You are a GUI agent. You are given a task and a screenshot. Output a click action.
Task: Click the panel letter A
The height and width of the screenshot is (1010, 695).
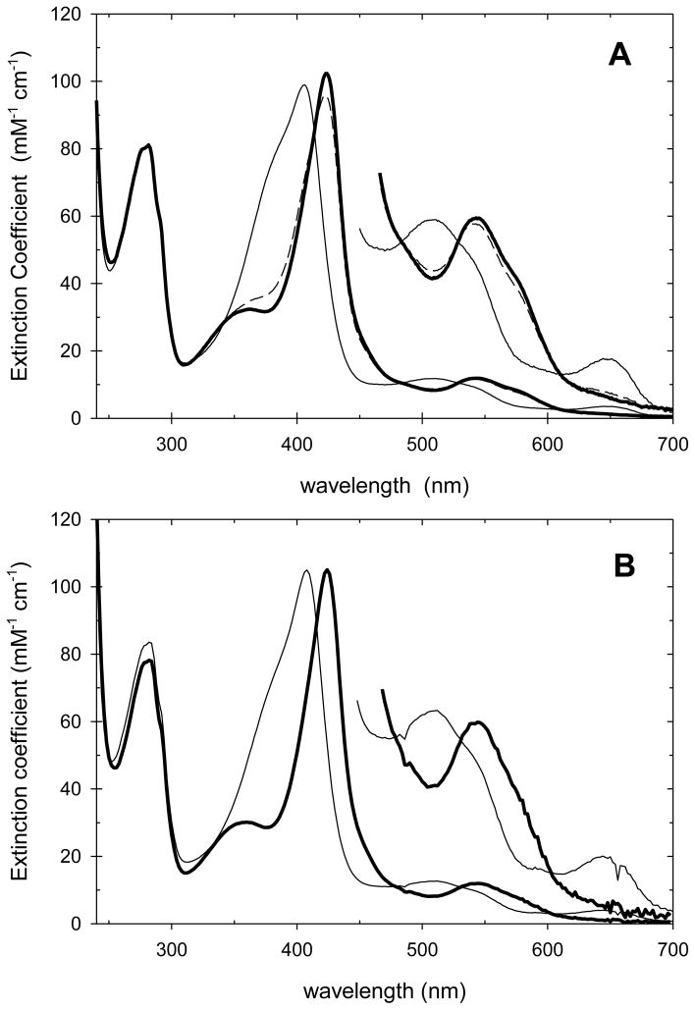click(x=618, y=55)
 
